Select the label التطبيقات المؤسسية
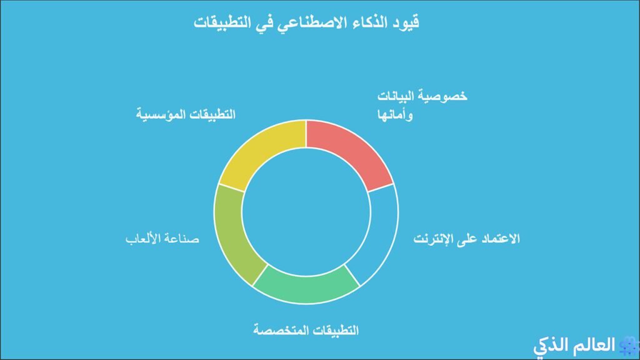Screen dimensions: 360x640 pos(186,116)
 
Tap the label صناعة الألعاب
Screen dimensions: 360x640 pos(162,239)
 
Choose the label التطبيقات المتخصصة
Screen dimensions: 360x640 pos(306,329)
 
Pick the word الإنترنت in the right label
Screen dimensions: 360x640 pos(434,239)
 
